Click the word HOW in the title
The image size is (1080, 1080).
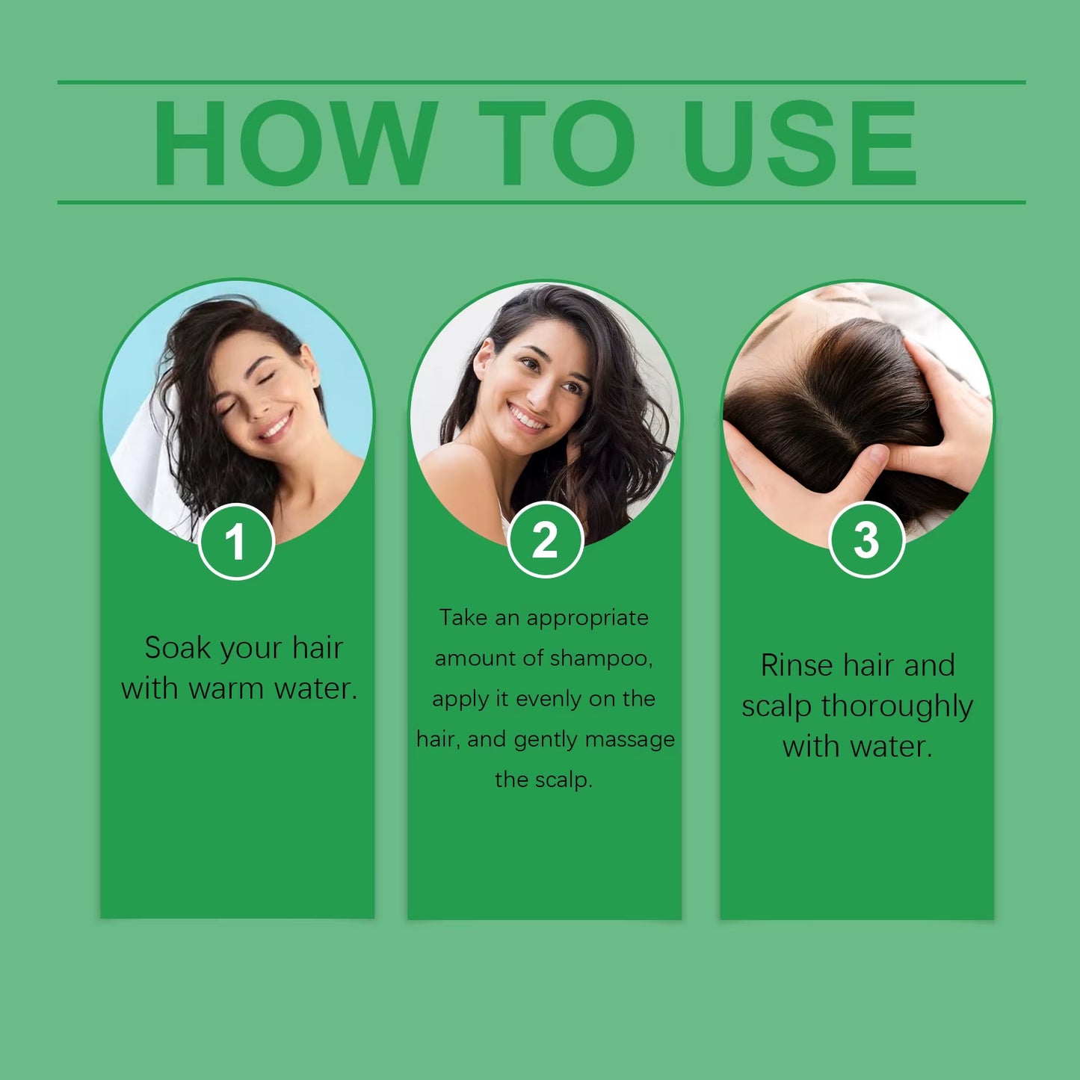coord(294,144)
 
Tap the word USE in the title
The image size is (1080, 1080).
coord(799,144)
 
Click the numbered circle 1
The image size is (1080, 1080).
coord(236,541)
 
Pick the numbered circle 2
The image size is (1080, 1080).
coord(545,540)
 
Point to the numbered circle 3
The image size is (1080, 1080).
coord(866,540)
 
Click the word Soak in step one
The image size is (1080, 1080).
coord(176,648)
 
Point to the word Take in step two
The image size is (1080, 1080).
coord(463,618)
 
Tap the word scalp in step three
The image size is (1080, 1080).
coord(776,706)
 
